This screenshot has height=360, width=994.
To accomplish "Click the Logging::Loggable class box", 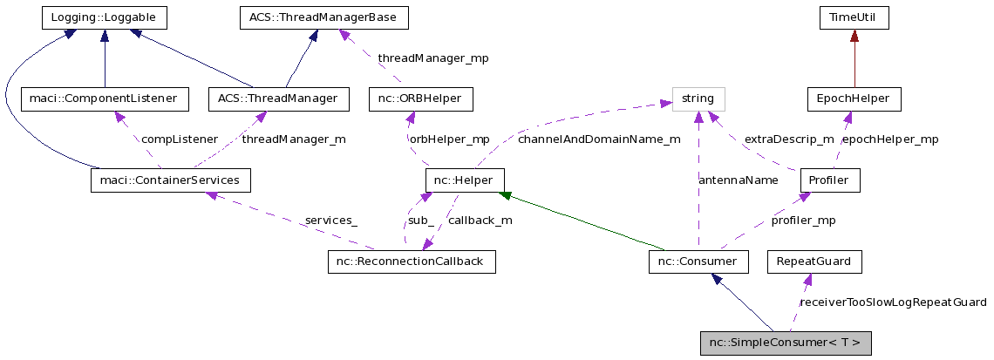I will (105, 17).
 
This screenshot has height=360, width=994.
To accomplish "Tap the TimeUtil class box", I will (854, 17).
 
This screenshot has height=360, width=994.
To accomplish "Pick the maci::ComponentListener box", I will (104, 98).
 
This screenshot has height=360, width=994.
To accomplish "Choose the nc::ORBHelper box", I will (420, 98).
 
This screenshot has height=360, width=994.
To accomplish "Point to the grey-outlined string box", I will (698, 98).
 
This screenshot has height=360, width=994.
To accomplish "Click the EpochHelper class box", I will (854, 98).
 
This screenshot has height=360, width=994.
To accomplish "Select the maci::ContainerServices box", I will (171, 180).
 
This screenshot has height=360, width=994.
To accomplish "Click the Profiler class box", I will (830, 180).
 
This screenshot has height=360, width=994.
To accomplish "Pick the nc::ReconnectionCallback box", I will (412, 262).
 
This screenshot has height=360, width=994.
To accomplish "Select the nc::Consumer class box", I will (698, 262).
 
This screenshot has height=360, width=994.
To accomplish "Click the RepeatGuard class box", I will (813, 262).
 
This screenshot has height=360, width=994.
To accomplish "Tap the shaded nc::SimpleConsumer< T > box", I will (785, 343).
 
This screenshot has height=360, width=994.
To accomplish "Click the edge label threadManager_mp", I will (432, 58).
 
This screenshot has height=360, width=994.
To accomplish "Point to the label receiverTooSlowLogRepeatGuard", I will (893, 302).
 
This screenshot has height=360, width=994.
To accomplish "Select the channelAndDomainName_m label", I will (598, 139).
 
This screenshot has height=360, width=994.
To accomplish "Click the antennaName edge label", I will (739, 180).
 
